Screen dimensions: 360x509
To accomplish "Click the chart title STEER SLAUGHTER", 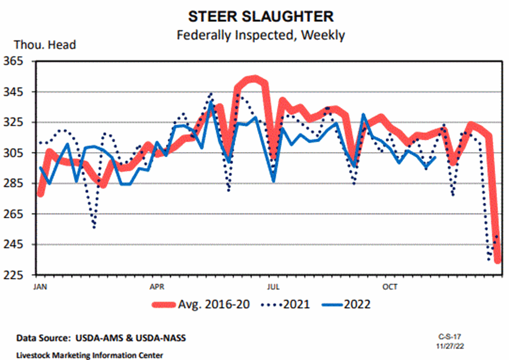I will click(260, 16).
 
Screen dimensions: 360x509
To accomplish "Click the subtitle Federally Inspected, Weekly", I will click(260, 35).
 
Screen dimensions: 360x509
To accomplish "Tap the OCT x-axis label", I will click(390, 287).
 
